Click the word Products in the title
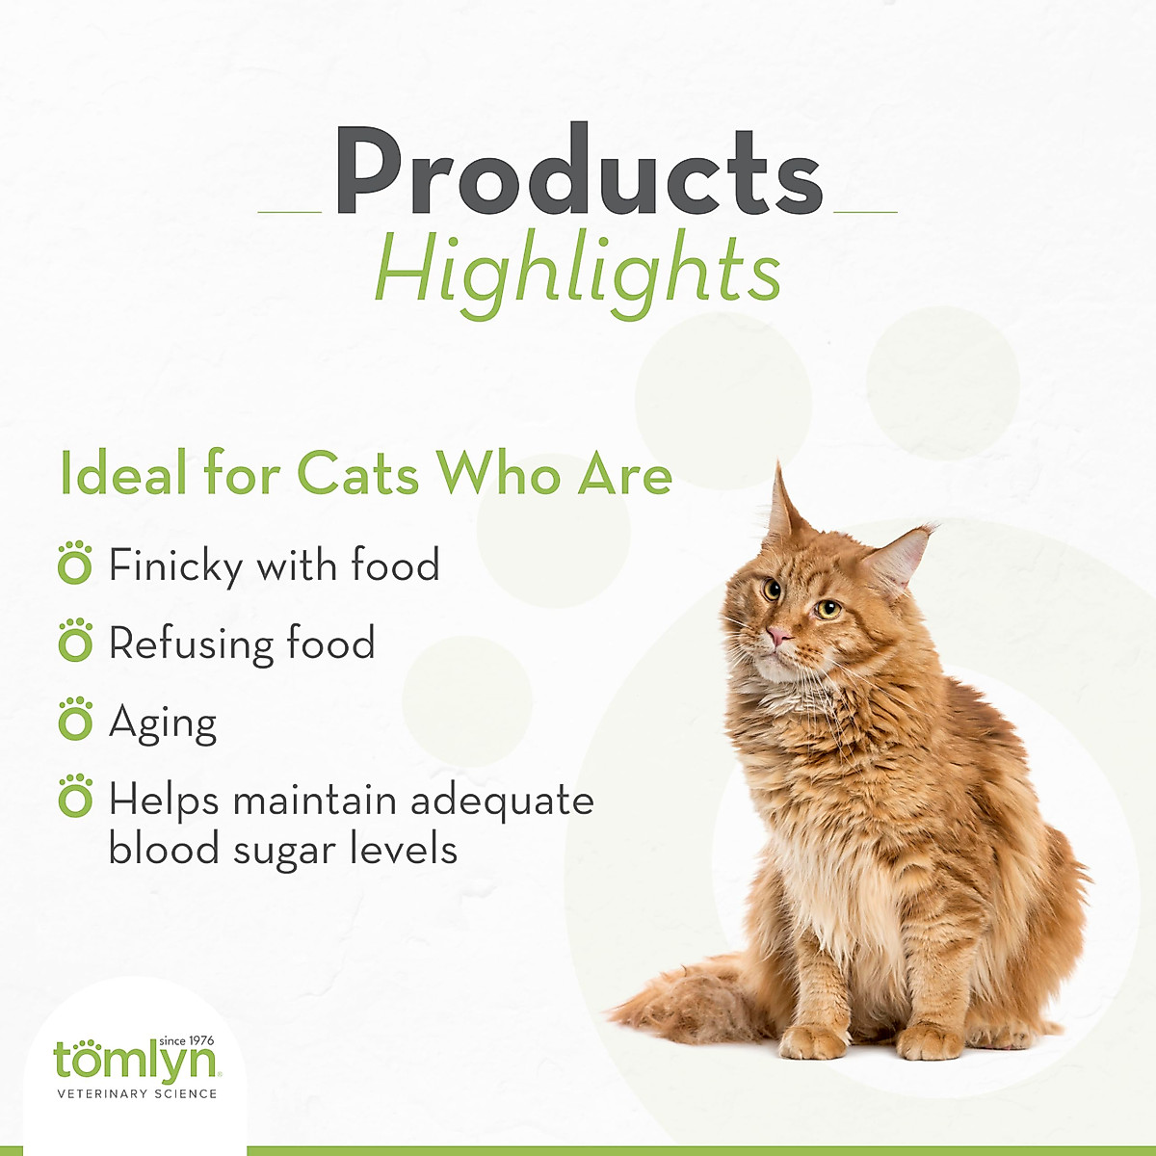pos(578,173)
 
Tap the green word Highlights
pos(577,271)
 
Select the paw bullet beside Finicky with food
pos(75,564)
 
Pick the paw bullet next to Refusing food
pos(75,642)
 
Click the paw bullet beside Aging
pos(75,721)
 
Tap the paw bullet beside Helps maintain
pos(75,799)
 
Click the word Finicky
pos(174,566)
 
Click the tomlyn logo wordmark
pos(135,1063)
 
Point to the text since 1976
pos(186,1041)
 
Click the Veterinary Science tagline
pos(137,1093)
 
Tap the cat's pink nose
pos(777,637)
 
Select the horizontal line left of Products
pos(290,211)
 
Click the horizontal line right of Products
pos(865,211)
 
